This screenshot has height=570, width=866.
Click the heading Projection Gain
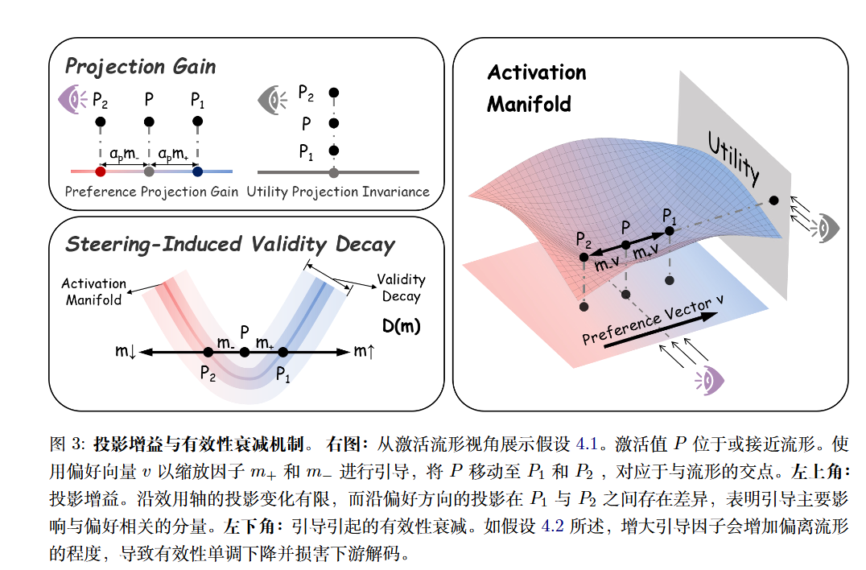(140, 66)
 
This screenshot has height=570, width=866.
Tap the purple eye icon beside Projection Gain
(73, 100)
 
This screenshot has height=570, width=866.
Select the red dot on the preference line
(101, 171)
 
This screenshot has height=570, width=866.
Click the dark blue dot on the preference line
(198, 171)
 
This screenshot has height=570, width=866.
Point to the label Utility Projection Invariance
(338, 192)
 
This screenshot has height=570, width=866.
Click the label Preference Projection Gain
(151, 192)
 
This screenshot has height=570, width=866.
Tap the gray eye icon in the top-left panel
(271, 100)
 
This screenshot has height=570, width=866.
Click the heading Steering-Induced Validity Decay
(230, 244)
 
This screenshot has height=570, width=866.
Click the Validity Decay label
(401, 287)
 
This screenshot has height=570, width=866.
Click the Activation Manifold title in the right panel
(536, 88)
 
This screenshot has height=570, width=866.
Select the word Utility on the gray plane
(733, 159)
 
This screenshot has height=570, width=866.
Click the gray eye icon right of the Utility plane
(826, 228)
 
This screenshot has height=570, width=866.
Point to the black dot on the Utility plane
(774, 200)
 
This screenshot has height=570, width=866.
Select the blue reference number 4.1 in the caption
(589, 444)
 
